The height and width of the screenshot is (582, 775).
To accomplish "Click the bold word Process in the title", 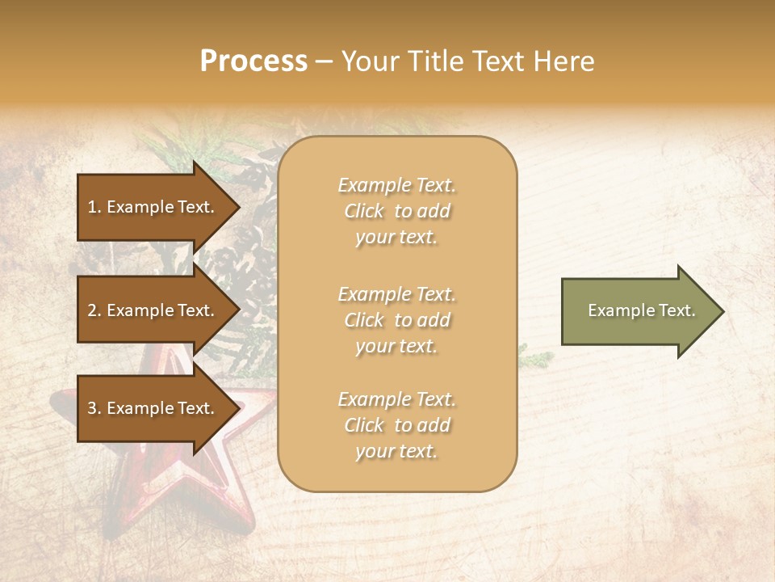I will (253, 61).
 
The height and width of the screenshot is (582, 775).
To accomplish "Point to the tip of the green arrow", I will (722, 311).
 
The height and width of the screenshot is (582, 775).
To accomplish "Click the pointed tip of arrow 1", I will (238, 207).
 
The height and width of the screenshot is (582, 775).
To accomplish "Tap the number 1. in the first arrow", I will (94, 207).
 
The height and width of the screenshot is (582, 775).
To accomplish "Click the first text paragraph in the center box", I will (396, 211).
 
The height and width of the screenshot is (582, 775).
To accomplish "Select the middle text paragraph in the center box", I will (396, 320).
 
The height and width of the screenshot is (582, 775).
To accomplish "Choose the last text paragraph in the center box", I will (396, 425).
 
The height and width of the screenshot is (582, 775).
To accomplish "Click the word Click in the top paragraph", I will (364, 211).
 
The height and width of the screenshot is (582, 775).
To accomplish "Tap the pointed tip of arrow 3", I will (238, 408).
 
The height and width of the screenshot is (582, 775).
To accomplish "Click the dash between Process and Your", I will (324, 61).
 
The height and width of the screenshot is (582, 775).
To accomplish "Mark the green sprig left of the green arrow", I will (535, 356).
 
